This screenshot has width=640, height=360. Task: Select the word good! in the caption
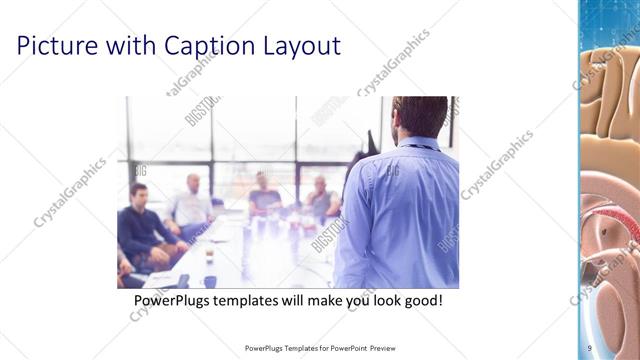click(x=420, y=301)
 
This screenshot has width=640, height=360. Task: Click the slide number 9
click(x=590, y=348)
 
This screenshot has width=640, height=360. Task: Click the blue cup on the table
click(x=210, y=281)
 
